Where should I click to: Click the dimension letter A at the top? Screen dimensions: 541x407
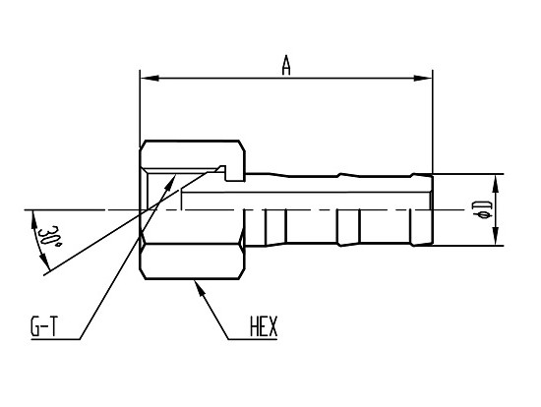(285, 66)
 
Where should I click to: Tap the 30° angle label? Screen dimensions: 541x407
(50, 237)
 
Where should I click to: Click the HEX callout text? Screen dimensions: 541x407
(264, 327)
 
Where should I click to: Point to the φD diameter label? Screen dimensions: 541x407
(483, 210)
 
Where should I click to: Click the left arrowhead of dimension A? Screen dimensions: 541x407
(150, 79)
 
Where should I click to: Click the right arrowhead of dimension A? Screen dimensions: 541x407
(423, 79)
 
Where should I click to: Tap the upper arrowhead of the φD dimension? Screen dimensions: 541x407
(495, 184)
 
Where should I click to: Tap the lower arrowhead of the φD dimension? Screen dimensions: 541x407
(495, 236)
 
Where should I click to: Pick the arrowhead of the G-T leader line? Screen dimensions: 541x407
(170, 182)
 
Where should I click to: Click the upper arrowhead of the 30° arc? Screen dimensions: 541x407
(34, 220)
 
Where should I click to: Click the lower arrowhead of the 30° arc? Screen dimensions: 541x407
(44, 262)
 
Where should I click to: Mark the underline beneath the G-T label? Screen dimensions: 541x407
(55, 339)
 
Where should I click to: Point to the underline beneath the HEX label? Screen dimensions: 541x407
(253, 339)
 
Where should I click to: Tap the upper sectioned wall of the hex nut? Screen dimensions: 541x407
(192, 154)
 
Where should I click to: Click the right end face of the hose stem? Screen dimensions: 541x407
(432, 209)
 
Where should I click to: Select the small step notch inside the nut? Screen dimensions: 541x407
(223, 168)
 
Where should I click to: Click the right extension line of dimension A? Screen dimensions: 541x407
(433, 122)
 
